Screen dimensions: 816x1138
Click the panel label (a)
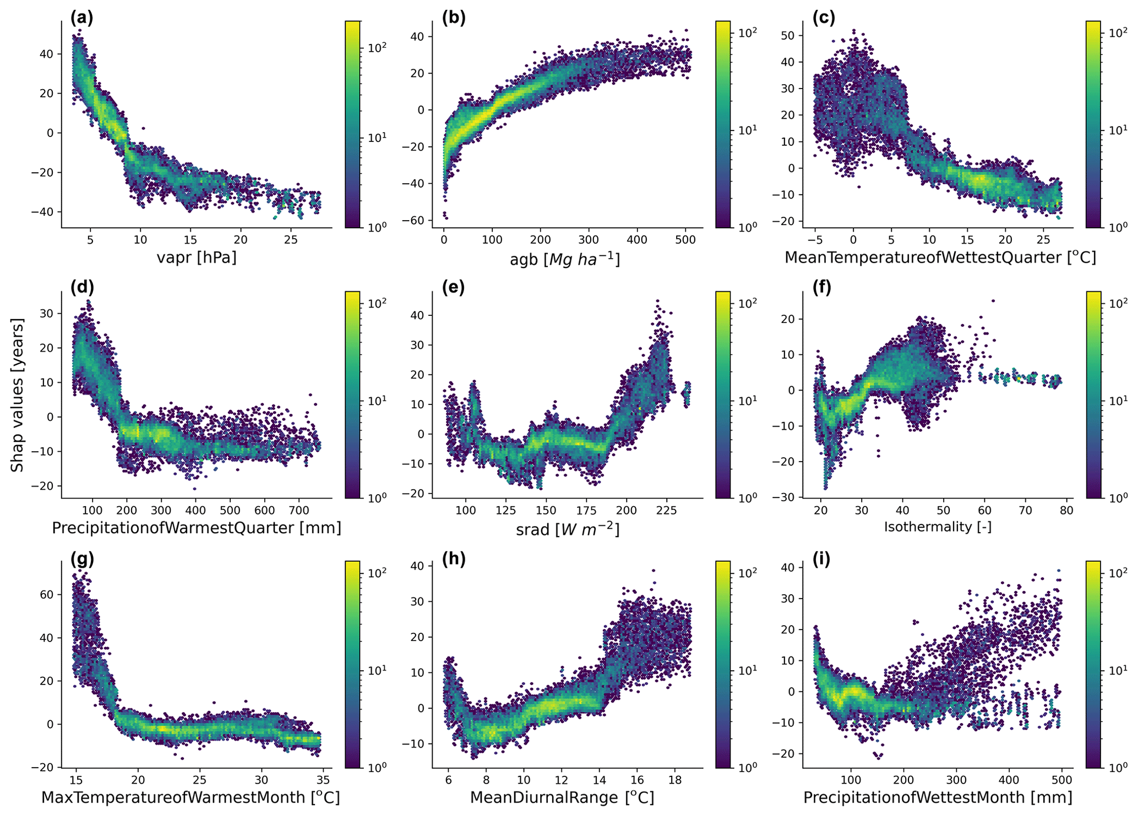coord(81,18)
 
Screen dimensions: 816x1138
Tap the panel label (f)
coord(824,288)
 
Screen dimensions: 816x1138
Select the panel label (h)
coord(454,559)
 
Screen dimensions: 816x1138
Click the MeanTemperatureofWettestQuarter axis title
coord(940,258)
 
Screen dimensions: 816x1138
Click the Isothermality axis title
coord(938,527)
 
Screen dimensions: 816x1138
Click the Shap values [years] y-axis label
coord(18,395)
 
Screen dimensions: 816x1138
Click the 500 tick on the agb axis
coord(685,240)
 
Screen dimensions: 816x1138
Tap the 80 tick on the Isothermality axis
coord(1066,511)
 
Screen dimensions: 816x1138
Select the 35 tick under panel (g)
coord(323,780)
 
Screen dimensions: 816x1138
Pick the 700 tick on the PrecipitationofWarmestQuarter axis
coord(300,511)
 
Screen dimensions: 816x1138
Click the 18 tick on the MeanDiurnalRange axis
coord(675,780)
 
